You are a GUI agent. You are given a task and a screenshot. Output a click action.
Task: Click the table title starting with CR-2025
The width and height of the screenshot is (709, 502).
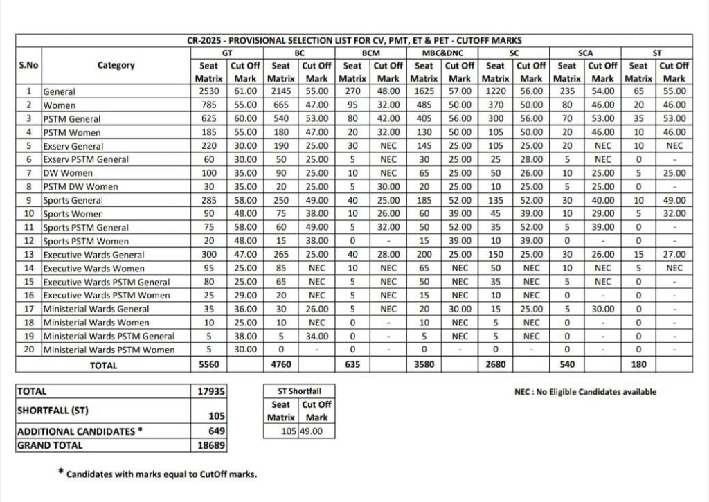click(x=354, y=41)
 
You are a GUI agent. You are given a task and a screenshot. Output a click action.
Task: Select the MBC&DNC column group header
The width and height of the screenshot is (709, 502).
click(x=442, y=53)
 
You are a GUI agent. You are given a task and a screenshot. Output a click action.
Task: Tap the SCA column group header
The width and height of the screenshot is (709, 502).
click(x=585, y=53)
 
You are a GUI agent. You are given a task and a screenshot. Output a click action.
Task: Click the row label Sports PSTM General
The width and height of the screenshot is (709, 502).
click(x=86, y=228)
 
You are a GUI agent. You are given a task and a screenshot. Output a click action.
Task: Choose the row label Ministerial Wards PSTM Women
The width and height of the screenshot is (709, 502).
click(x=109, y=350)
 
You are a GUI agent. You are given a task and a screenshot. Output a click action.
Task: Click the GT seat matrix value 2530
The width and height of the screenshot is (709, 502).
click(x=208, y=91)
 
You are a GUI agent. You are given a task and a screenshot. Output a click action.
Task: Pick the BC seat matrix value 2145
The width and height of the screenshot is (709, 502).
click(x=281, y=91)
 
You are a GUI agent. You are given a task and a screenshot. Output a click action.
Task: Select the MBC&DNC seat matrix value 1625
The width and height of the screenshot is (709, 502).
click(x=424, y=91)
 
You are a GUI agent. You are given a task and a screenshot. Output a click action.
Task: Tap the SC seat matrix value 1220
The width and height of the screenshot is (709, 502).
click(x=496, y=91)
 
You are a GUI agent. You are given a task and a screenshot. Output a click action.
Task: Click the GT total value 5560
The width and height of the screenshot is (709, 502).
click(x=208, y=365)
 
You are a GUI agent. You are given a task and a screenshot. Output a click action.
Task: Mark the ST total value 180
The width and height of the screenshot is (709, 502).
click(x=638, y=365)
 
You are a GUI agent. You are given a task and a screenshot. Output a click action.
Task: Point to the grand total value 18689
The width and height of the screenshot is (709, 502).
click(x=211, y=446)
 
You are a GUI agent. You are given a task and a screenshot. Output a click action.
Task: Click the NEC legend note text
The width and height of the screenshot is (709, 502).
click(x=585, y=392)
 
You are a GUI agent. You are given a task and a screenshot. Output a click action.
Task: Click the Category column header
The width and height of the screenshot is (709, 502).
click(x=116, y=66)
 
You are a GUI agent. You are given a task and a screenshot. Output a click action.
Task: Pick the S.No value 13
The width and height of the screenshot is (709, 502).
click(x=28, y=255)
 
